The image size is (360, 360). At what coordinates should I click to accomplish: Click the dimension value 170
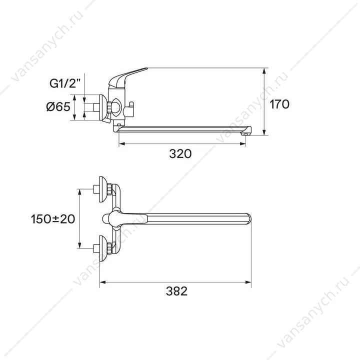coord(279,104)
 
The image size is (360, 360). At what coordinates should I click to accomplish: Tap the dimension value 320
coord(180,153)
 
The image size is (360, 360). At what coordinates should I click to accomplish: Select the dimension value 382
coord(176,291)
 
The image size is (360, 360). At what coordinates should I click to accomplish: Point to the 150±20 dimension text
coord(53,219)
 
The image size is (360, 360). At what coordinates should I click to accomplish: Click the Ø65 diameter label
coord(58,107)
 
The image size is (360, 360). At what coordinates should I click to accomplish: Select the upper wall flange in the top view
coord(103,189)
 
